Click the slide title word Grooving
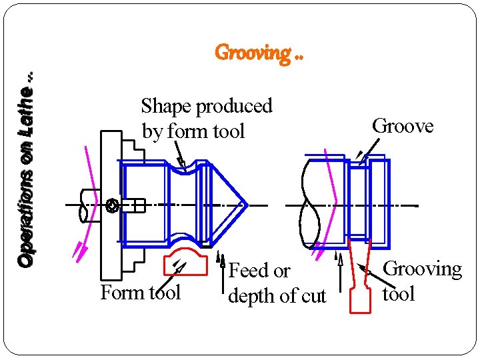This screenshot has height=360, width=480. (x=253, y=52)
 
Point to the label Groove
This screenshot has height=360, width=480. (x=403, y=126)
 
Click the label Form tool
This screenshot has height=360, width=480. (x=140, y=293)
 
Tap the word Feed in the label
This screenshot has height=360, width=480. (x=248, y=271)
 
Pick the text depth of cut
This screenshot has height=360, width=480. (x=277, y=296)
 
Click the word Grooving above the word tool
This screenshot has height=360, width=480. (x=423, y=269)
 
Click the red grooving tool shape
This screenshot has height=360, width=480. (x=361, y=287)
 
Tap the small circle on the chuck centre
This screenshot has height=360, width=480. (x=112, y=206)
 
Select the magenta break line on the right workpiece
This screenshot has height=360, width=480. (x=331, y=200)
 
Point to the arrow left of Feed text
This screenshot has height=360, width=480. (x=221, y=273)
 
